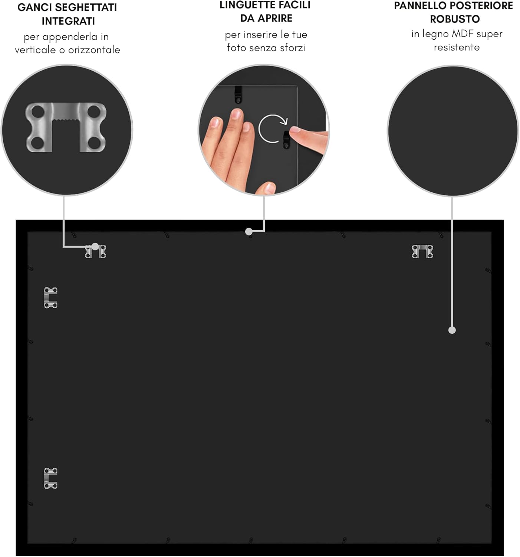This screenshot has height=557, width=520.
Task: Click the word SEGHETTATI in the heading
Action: (86, 7)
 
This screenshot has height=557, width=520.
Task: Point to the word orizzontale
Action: (94, 50)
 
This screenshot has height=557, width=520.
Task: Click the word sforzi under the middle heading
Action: (293, 48)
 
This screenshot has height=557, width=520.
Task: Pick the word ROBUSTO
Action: (455, 19)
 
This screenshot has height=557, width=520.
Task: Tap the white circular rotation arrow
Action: (272, 128)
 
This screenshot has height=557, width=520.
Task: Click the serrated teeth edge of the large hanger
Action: (66, 120)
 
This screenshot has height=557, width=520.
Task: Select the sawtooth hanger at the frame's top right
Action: (422, 251)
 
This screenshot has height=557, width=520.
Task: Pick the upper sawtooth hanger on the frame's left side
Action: (51, 297)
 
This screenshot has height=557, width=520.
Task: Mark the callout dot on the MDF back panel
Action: (452, 330)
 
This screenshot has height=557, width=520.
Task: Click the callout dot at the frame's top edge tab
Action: (249, 231)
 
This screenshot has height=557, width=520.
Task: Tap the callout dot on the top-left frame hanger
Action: (95, 247)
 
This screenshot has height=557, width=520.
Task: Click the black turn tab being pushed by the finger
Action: (286, 139)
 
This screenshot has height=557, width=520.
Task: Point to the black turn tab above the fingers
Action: (238, 94)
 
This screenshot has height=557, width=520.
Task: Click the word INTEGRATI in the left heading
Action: (68, 21)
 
